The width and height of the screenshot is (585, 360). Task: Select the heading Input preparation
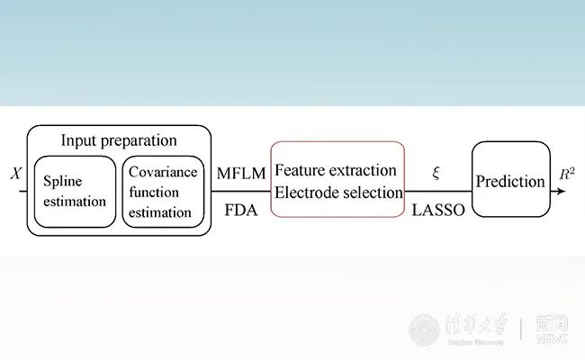[x=119, y=140]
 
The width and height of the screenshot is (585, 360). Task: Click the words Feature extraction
[x=336, y=169]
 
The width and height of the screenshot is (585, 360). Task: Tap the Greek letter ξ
[x=436, y=171]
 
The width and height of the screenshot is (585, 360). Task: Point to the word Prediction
[x=510, y=181]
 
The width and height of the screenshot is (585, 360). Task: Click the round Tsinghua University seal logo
[x=424, y=328]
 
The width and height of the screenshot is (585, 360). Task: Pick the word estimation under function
[x=159, y=213]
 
